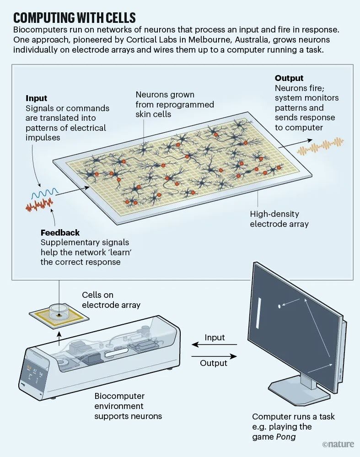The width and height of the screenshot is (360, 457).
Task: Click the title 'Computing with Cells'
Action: point(74,18)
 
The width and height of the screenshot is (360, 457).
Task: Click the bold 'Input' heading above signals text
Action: point(36,98)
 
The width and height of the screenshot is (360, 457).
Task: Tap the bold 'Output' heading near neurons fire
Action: point(289,78)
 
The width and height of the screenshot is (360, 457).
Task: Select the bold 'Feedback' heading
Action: point(60,232)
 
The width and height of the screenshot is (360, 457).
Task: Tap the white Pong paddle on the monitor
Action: point(258,313)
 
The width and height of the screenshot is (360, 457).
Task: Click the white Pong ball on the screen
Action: point(279,306)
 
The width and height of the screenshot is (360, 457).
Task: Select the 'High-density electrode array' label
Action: point(279,219)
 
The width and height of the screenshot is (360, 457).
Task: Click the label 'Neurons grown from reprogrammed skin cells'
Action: point(175,104)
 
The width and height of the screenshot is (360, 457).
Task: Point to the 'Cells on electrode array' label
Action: point(111,300)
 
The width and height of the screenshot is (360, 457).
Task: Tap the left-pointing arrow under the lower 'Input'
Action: point(214,344)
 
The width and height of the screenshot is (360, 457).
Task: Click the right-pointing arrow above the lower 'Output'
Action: point(214,356)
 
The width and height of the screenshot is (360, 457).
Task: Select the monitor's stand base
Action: point(299,393)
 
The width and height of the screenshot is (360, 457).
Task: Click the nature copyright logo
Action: point(338,444)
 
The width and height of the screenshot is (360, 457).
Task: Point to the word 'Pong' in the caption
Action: point(286,437)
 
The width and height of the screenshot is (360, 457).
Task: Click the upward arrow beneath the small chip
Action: point(59,338)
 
